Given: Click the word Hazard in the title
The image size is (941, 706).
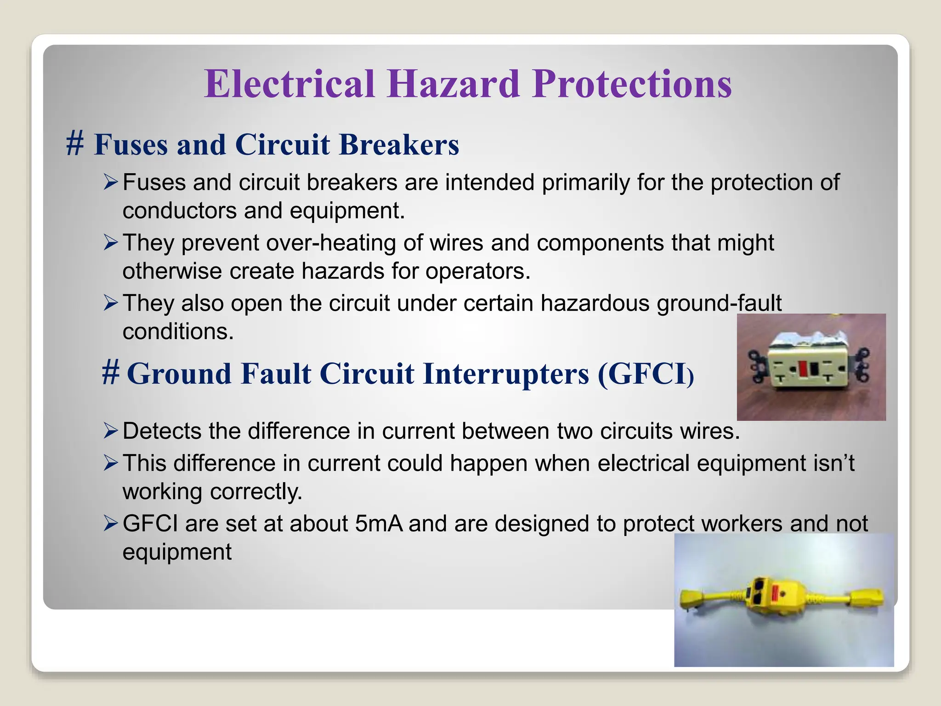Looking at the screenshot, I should click(x=453, y=84).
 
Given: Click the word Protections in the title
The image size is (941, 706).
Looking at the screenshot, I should click(x=632, y=84).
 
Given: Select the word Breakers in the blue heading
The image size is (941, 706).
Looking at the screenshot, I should click(x=399, y=145).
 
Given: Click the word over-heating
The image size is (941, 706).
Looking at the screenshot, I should click(x=331, y=243).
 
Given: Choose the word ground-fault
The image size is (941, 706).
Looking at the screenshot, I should click(x=719, y=303).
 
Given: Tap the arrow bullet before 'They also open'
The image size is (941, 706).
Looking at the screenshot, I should click(x=111, y=303).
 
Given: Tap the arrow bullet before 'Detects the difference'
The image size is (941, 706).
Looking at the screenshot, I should click(x=111, y=431).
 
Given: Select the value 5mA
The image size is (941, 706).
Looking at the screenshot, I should click(x=379, y=524).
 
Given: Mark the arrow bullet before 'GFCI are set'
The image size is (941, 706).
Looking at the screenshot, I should click(x=111, y=524).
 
